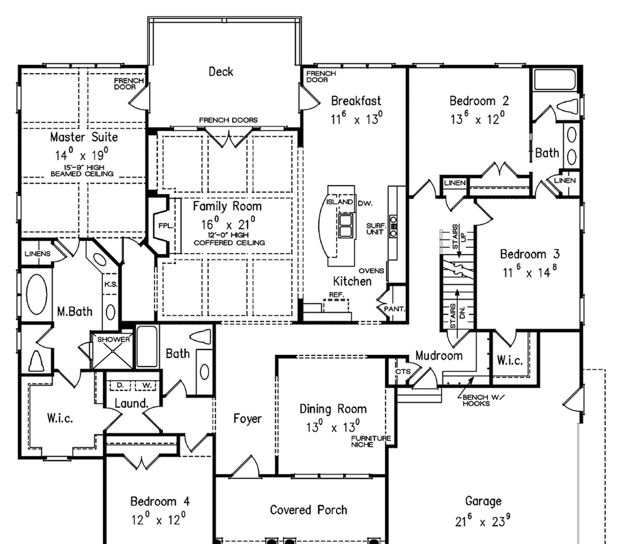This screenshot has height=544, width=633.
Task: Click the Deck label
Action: pyautogui.click(x=221, y=72)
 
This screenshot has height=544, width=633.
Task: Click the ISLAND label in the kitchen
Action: pyautogui.click(x=339, y=202)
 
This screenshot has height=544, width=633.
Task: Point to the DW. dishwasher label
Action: pyautogui.click(x=365, y=203)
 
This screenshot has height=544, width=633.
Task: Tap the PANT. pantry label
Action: pyautogui.click(x=394, y=309)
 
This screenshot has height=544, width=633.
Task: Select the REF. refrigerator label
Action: pyautogui.click(x=336, y=295)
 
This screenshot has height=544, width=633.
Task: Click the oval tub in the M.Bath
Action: pyautogui.click(x=37, y=294)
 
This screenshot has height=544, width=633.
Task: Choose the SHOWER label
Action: pyautogui.click(x=113, y=339)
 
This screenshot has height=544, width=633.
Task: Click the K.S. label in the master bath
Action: pyautogui.click(x=110, y=284)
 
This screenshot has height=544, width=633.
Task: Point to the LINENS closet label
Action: pyautogui.click(x=38, y=254)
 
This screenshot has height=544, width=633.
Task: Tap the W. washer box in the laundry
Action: pyautogui.click(x=147, y=386)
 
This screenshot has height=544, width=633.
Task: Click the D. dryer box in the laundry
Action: pyautogui.click(x=120, y=386)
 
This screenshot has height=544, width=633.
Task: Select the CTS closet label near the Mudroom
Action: pyautogui.click(x=403, y=372)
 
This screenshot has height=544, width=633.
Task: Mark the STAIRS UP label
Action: pyautogui.click(x=459, y=237)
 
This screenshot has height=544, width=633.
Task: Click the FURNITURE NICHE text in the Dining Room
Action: pyautogui.click(x=371, y=441)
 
